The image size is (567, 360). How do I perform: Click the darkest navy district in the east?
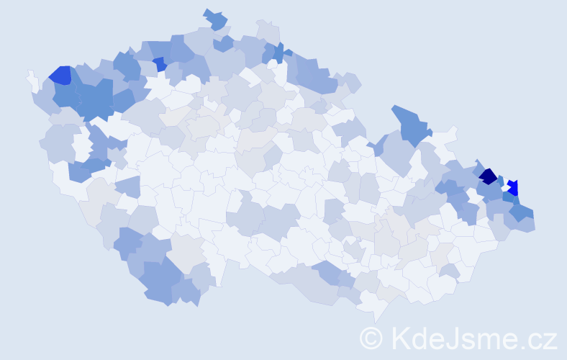[x=489, y=176]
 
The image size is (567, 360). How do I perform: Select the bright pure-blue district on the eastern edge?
[x=513, y=187]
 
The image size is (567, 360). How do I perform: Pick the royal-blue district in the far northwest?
[x=60, y=75]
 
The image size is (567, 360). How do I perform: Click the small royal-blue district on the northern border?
[x=159, y=63]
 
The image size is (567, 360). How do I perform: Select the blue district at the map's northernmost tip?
[x=215, y=19]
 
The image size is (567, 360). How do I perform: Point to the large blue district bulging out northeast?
[x=412, y=122]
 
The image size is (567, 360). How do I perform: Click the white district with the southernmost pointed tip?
[x=376, y=310]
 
